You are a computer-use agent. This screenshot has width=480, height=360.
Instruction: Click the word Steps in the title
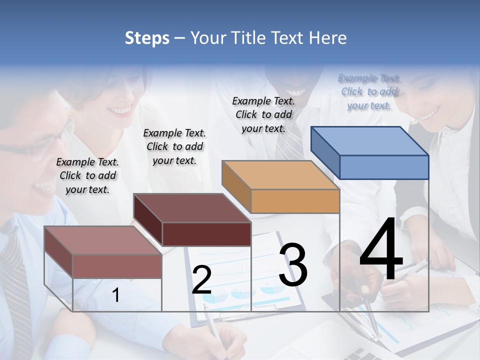coord(147,38)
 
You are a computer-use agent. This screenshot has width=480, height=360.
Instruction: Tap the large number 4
coord(381,251)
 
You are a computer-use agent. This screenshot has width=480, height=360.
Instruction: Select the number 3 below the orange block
coord(293,265)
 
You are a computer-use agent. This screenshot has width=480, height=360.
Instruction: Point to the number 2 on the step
coord(201,280)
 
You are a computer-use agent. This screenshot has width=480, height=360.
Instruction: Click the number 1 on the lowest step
coord(116,295)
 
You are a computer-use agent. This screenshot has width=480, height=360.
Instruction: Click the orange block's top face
coord(280,175)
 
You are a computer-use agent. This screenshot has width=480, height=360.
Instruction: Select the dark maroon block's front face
coord(206,234)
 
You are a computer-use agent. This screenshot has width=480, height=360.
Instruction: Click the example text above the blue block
coord(369,91)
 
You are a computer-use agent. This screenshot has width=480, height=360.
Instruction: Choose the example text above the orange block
coord(263,114)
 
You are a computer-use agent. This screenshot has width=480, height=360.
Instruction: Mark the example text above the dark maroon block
coord(174,146)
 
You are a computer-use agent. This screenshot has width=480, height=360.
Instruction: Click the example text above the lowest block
coord(87,175)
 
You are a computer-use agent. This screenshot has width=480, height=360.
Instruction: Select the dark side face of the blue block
coord(325,152)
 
